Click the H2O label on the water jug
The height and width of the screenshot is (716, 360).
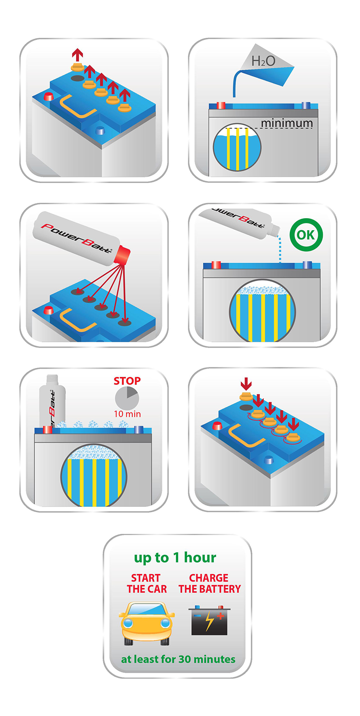pos(263,61)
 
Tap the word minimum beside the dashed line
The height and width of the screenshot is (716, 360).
pos(287,123)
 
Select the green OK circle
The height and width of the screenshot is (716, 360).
pos(306,235)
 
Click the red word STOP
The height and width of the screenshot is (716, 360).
pos(127,380)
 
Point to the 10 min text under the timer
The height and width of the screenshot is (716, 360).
pos(127,414)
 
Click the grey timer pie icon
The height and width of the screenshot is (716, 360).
pos(127,398)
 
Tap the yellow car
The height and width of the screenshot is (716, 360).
pos(146,624)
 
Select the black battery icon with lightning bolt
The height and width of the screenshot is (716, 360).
pos(209,620)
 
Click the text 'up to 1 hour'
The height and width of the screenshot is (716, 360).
pos(175,557)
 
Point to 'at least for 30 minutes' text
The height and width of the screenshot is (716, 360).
pos(178,659)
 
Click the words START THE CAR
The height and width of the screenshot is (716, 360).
pos(146,583)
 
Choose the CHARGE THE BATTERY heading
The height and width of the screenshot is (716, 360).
pos(209,583)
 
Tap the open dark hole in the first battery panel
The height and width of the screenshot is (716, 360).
pos(77,78)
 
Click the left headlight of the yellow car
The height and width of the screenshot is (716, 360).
pos(128,622)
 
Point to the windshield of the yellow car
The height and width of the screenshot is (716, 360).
pos(147,609)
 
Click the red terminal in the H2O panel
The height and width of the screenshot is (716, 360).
pos(221,106)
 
